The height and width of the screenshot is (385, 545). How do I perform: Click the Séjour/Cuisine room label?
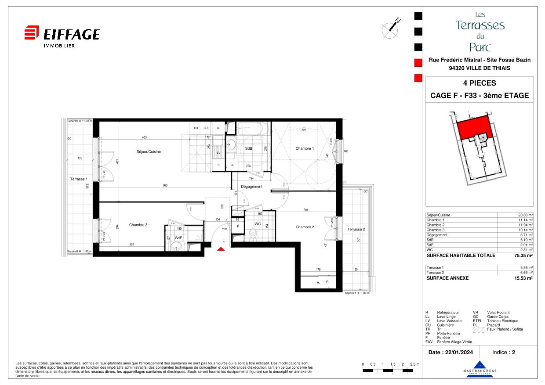149,152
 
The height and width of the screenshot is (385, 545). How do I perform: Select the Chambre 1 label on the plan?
305,148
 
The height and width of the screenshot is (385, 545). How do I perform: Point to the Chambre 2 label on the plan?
305,227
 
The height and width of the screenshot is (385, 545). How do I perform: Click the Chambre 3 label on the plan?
138,225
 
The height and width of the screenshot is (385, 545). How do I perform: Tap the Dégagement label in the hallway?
251,187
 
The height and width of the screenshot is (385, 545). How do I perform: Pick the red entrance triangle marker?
222,249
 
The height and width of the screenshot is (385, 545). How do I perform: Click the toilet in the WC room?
252,235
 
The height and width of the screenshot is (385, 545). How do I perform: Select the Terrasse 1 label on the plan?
79,179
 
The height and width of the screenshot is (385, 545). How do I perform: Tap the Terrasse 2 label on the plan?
356,229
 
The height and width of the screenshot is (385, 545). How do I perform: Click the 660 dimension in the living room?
165,185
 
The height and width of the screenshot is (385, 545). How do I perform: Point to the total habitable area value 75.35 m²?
522,255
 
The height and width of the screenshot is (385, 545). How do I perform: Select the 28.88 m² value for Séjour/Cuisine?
525,215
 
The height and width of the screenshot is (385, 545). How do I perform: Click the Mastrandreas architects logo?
480,368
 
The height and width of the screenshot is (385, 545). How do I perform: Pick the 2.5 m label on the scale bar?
414,365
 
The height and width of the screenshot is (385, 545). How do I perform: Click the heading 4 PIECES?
480,83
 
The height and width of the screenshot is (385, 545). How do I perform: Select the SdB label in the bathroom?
248,149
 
